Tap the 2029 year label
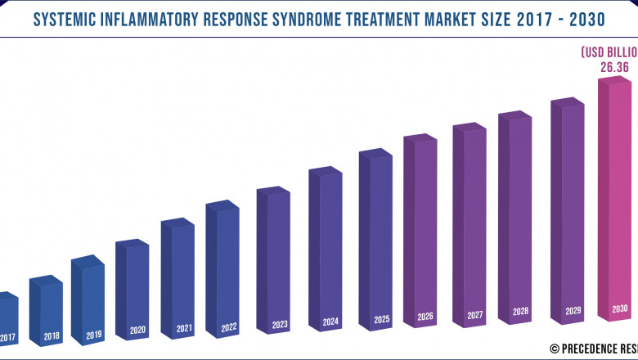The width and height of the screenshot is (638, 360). click(x=572, y=311)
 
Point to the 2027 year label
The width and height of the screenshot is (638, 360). click(x=474, y=314)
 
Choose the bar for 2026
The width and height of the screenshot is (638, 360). click(x=422, y=237)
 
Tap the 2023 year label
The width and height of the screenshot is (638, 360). click(x=280, y=325)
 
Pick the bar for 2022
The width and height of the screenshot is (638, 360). click(x=224, y=270)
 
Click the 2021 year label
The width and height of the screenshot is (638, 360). click(x=184, y=329)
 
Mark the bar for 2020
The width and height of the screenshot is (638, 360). click(x=134, y=290)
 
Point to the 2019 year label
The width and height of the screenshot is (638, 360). click(x=93, y=334)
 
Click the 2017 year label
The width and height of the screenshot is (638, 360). click(x=7, y=337)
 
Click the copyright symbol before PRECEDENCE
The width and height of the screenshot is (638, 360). click(x=554, y=347)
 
